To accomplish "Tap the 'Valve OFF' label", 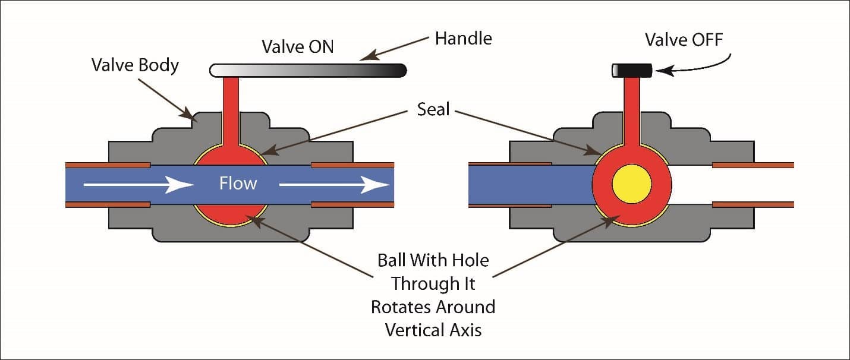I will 684,40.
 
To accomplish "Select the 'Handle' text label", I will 463,39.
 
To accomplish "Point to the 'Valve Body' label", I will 135,64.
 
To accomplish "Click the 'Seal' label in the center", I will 433,109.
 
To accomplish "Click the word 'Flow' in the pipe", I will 238,183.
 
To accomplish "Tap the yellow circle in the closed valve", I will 632,184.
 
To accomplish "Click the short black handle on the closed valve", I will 632,71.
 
